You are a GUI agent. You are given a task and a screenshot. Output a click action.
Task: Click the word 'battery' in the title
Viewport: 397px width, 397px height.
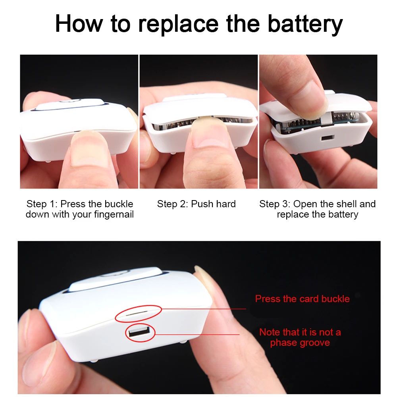[x=305, y=25]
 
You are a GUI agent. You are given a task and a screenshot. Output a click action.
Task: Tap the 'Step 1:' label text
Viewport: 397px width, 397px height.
[x=42, y=204]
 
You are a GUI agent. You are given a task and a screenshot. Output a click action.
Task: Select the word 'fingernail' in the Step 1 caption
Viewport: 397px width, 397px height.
[x=114, y=214]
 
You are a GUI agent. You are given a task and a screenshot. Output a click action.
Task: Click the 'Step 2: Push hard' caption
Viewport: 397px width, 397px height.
[x=196, y=204]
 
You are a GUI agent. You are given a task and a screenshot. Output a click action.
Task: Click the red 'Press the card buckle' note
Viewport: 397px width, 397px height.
[x=302, y=299]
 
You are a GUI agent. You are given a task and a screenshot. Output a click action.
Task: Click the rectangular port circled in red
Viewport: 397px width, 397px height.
[x=139, y=331]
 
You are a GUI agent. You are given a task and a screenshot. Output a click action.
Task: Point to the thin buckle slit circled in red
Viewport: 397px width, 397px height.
[x=137, y=313]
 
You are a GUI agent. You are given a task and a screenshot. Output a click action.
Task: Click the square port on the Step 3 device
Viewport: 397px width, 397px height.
[x=328, y=138]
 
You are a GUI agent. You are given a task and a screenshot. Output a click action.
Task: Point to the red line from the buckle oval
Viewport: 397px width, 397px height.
[x=204, y=309]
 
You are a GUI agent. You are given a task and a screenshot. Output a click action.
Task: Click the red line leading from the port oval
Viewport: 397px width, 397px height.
[x=197, y=334]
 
